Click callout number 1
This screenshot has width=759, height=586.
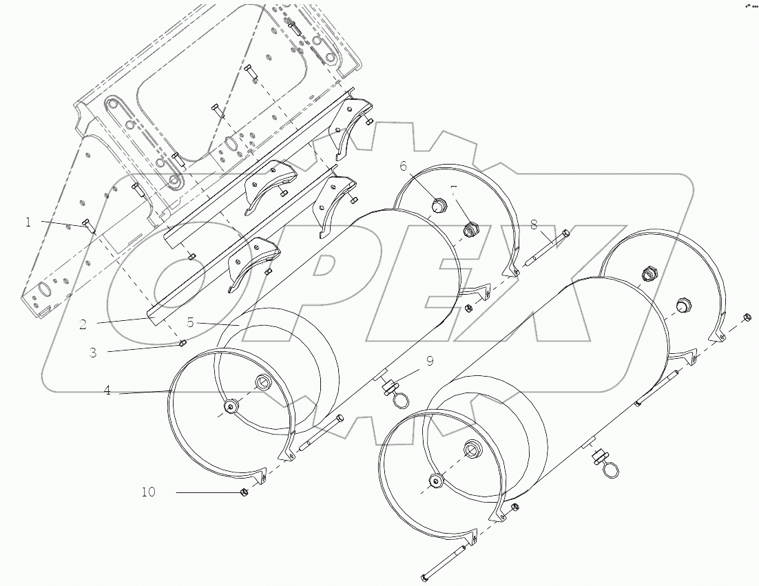tap(28, 222)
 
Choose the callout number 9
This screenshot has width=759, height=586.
tap(430, 359)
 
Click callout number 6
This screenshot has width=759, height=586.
tap(404, 165)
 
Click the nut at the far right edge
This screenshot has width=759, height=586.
tap(747, 317)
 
